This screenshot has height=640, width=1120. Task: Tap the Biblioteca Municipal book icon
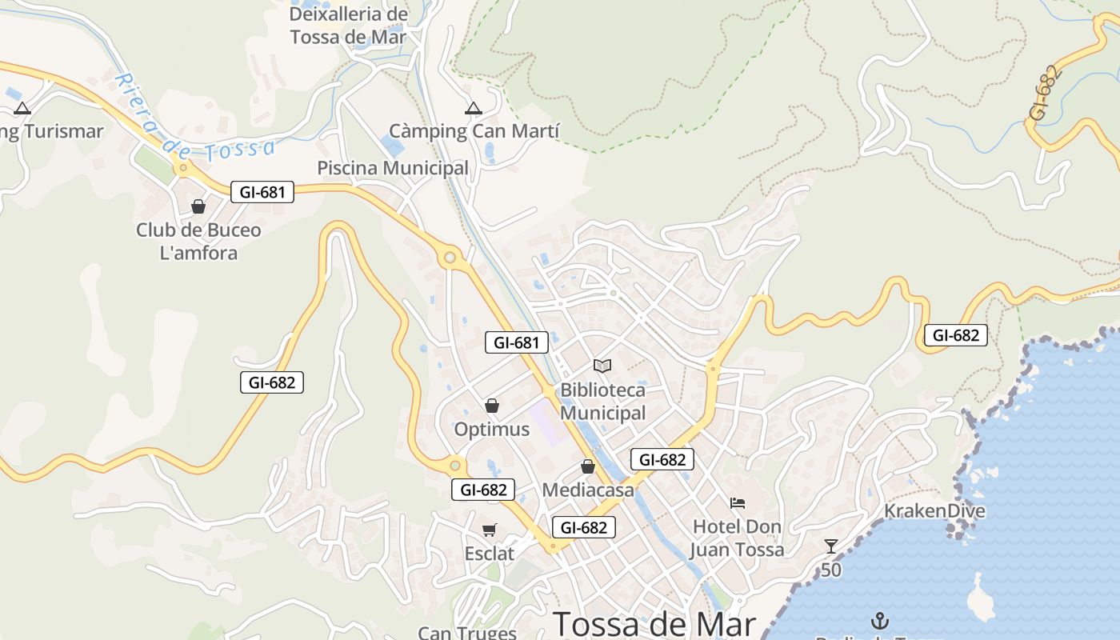(x=602, y=366)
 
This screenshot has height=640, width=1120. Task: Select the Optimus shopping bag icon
(x=492, y=406)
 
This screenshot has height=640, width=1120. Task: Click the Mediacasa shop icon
(x=588, y=466)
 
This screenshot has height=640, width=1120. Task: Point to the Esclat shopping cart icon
(x=490, y=530)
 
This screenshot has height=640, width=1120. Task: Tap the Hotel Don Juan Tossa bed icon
(x=738, y=502)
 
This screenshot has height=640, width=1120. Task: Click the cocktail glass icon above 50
(x=831, y=546)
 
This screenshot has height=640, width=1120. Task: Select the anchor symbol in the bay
(x=880, y=620)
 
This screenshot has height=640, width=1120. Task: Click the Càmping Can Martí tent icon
(x=474, y=108)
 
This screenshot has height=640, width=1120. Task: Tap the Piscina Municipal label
(x=393, y=168)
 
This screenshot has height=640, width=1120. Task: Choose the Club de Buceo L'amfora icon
(x=198, y=206)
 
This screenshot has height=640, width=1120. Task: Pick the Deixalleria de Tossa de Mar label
(x=348, y=26)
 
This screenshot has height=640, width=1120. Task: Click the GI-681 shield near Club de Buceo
(x=262, y=192)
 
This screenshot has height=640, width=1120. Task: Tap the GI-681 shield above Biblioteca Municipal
(x=517, y=343)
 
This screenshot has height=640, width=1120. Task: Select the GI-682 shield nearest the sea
(x=956, y=335)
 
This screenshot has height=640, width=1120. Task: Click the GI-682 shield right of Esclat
(x=584, y=527)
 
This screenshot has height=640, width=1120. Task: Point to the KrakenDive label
(x=934, y=511)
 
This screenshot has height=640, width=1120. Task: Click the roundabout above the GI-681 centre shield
(x=450, y=258)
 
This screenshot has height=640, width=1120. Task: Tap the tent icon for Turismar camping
(x=22, y=108)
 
